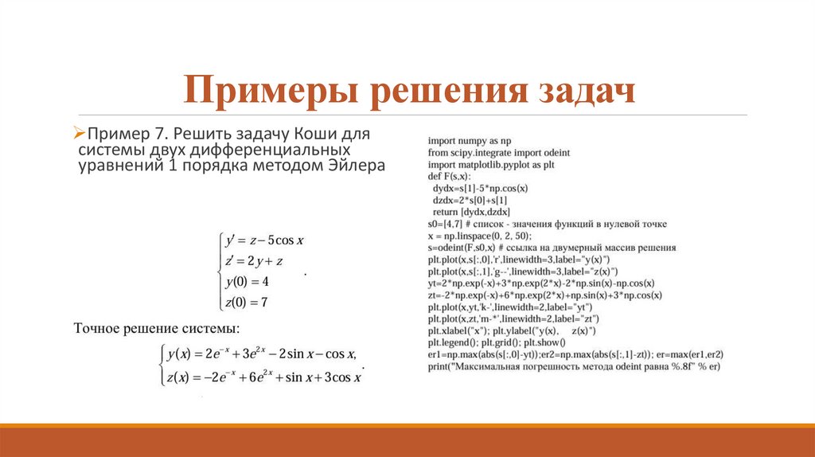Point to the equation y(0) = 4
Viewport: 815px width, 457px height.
[x=248, y=282]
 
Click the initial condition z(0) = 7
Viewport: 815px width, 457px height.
[x=247, y=303]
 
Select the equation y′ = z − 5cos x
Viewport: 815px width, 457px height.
[x=266, y=240]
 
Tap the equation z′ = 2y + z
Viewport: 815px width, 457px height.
[x=255, y=261]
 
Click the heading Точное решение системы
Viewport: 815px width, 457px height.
[x=156, y=329]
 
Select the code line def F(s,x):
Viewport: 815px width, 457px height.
[x=450, y=176]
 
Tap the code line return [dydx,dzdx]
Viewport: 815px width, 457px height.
[x=471, y=212]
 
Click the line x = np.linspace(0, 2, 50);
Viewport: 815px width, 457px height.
[x=479, y=236]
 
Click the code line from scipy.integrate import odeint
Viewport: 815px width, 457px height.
[x=498, y=152]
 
